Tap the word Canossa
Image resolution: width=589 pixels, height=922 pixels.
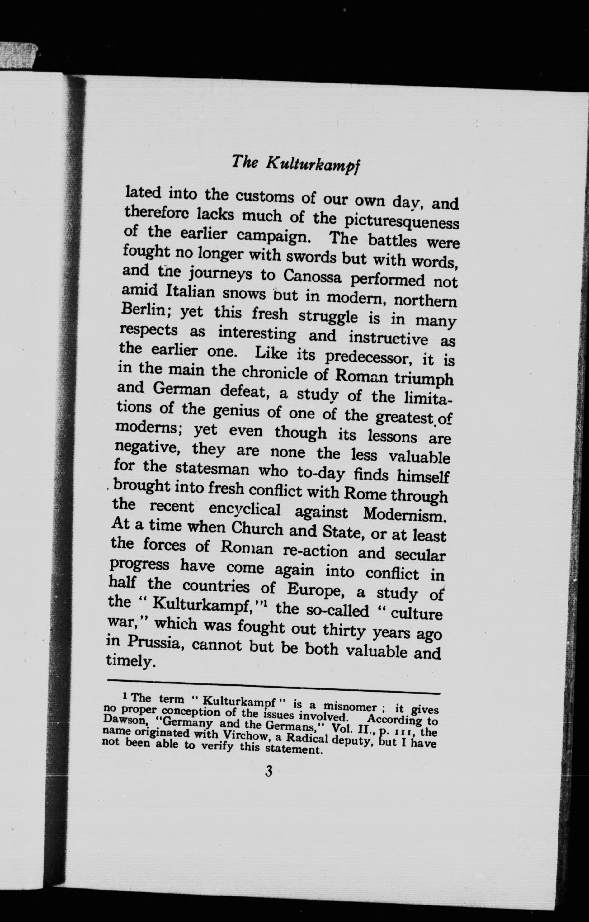click(312, 276)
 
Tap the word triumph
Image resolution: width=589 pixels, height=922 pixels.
click(424, 379)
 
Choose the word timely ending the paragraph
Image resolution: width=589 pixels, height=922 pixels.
click(130, 662)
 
